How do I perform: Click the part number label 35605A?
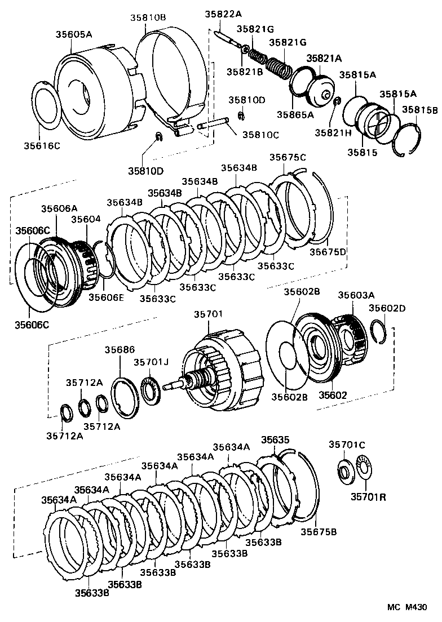point(74,34)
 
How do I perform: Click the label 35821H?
point(333,132)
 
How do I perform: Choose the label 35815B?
point(419,110)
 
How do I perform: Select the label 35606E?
point(106,297)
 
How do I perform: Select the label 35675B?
point(319,531)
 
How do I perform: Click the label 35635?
point(276,439)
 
